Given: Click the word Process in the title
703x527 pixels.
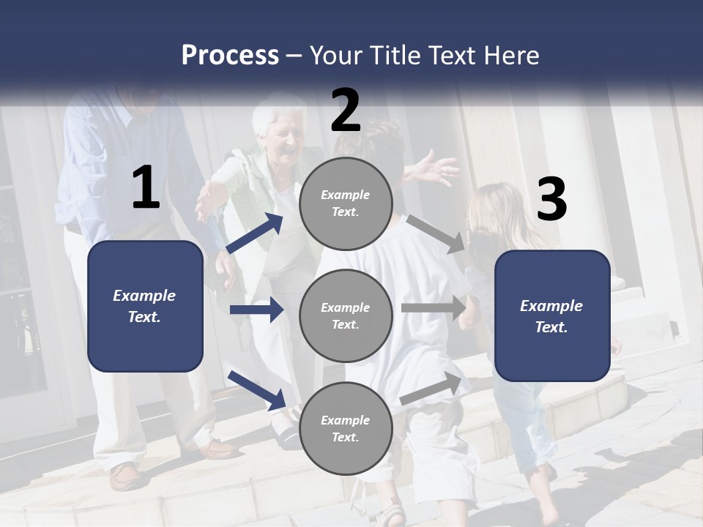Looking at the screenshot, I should (230, 56).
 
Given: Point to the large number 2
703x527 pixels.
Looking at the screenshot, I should (346, 111).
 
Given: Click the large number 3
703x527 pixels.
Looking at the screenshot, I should (551, 201).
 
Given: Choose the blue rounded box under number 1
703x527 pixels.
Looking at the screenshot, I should (145, 306).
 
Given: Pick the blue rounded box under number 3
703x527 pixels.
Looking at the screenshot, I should (552, 315).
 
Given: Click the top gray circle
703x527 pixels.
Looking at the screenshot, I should (346, 203).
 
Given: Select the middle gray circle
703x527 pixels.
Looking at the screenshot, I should (346, 315).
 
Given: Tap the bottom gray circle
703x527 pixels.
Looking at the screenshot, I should (346, 428).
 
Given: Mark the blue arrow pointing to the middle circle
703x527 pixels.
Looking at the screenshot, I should (257, 310).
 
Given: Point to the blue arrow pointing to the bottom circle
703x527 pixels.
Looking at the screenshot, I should (257, 390).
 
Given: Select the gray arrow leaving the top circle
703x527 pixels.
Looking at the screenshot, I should (436, 233).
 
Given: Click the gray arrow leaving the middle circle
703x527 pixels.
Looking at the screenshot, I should (434, 308).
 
